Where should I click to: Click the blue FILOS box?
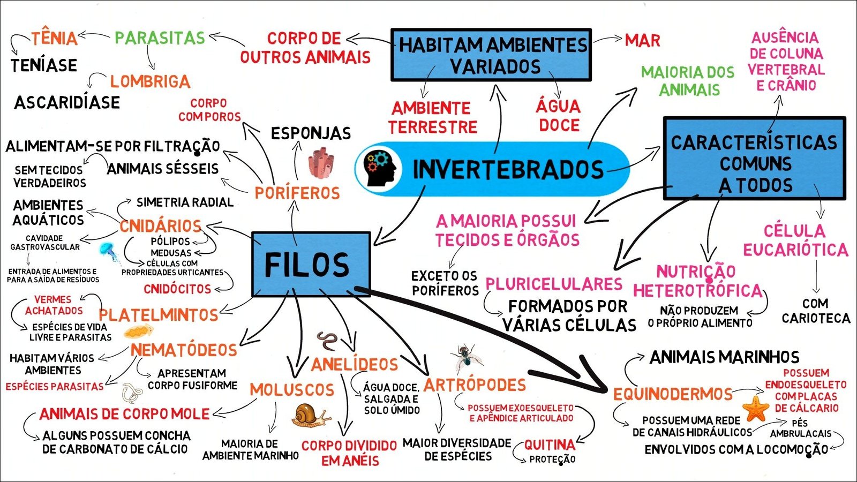coord(311,265)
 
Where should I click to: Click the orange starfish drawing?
coord(756,408)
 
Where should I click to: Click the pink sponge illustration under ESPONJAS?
coord(321,163)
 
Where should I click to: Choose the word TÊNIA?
coord(54,39)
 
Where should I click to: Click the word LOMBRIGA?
coord(150,81)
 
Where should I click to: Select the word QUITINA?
coord(550,445)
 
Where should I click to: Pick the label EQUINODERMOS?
coord(673,395)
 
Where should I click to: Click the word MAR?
coord(642,40)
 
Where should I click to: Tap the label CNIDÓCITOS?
coord(177,289)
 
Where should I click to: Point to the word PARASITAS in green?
coord(160,38)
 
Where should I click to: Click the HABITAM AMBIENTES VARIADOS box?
coord(491,55)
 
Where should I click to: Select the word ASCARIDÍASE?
coord(67,102)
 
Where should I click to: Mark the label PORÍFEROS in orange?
coord(297,193)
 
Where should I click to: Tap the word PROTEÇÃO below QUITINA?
coord(552,459)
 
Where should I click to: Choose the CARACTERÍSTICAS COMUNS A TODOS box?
coord(754,159)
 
